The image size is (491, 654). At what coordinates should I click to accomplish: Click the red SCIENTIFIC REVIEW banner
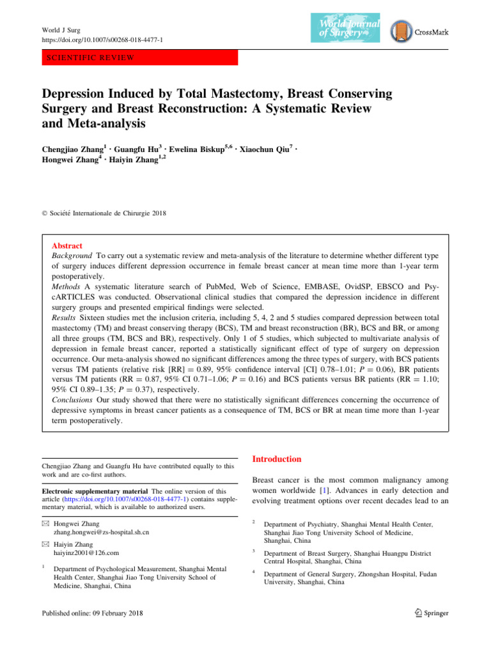coord(139,57)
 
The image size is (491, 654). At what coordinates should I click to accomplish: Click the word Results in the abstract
coord(65,332)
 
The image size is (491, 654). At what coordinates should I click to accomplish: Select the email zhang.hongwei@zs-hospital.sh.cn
coord(101,531)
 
